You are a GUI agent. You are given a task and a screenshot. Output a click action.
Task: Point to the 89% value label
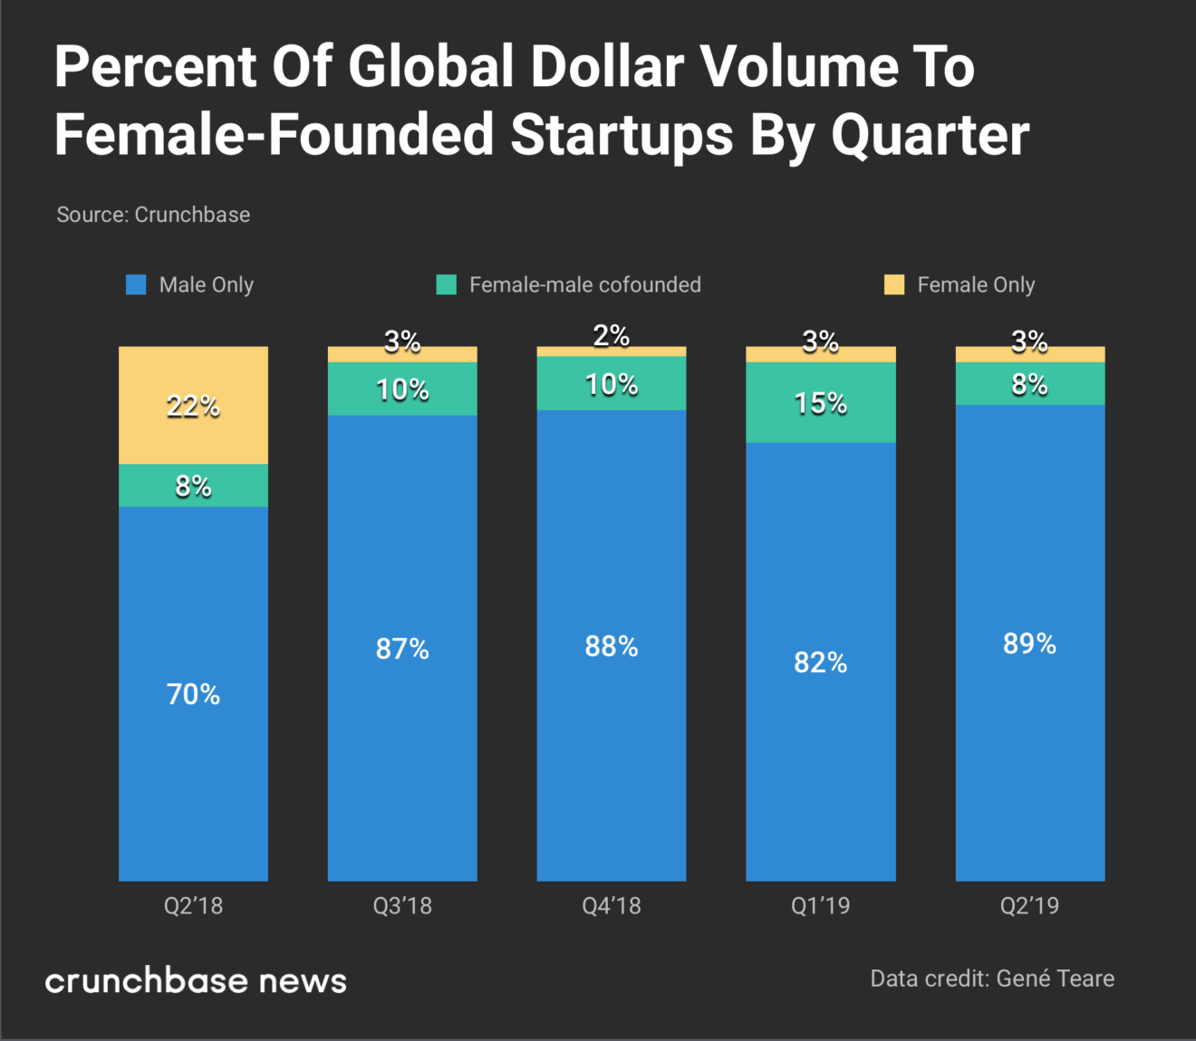[x=1029, y=643]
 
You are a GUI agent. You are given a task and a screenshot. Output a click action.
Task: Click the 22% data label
[x=193, y=406]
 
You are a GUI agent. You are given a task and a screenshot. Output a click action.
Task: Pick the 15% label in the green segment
[x=820, y=403]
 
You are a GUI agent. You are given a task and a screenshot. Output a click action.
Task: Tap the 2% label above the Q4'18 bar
[x=611, y=335]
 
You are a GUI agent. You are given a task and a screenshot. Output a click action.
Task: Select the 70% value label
[x=193, y=694]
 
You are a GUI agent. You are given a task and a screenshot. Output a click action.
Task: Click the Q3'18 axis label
[x=402, y=905]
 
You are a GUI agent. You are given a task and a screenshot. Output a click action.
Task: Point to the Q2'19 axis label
[x=1029, y=905]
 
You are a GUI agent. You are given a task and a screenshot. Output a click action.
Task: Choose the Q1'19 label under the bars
[x=820, y=905]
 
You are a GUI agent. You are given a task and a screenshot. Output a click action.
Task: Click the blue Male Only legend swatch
[x=136, y=284]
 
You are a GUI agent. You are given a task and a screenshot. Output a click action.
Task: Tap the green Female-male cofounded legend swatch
[x=446, y=284]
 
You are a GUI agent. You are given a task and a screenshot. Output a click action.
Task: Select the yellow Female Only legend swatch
[x=894, y=284]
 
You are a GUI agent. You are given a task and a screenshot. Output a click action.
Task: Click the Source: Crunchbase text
[x=153, y=215]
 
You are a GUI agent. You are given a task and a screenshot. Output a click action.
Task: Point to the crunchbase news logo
[x=196, y=980]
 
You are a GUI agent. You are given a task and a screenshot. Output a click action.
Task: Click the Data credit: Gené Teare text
[x=992, y=978]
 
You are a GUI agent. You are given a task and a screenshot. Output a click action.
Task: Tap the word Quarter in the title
[x=930, y=134]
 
